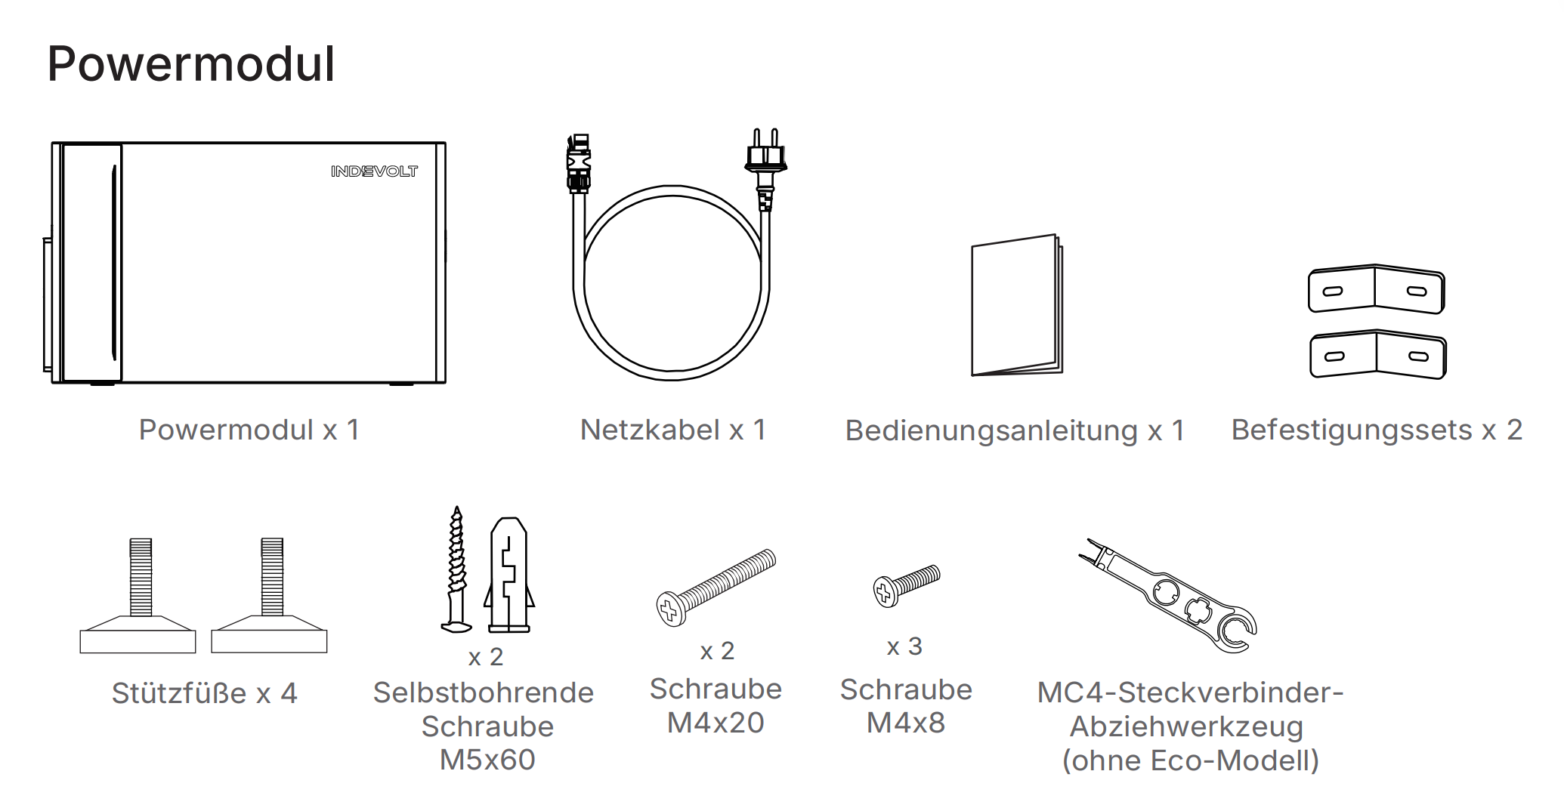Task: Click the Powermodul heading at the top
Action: pos(191,64)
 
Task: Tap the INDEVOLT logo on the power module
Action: pos(374,171)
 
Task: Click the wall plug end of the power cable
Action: pos(765,170)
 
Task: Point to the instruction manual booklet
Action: pos(1016,306)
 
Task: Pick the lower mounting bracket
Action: pos(1377,354)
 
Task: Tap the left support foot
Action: pos(138,596)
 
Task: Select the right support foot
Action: pos(270,596)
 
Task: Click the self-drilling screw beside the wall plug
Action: pos(456,570)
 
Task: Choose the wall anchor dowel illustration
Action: pos(509,575)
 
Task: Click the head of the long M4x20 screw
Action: pos(670,609)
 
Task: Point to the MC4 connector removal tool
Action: pos(1167,597)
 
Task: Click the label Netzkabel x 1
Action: pos(673,430)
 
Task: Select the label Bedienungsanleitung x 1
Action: pos(1015,430)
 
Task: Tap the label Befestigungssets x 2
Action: pos(1377,430)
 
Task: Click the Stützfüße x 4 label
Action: pos(205,693)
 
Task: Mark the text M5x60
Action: pos(487,760)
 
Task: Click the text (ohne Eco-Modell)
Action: pos(1191,760)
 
